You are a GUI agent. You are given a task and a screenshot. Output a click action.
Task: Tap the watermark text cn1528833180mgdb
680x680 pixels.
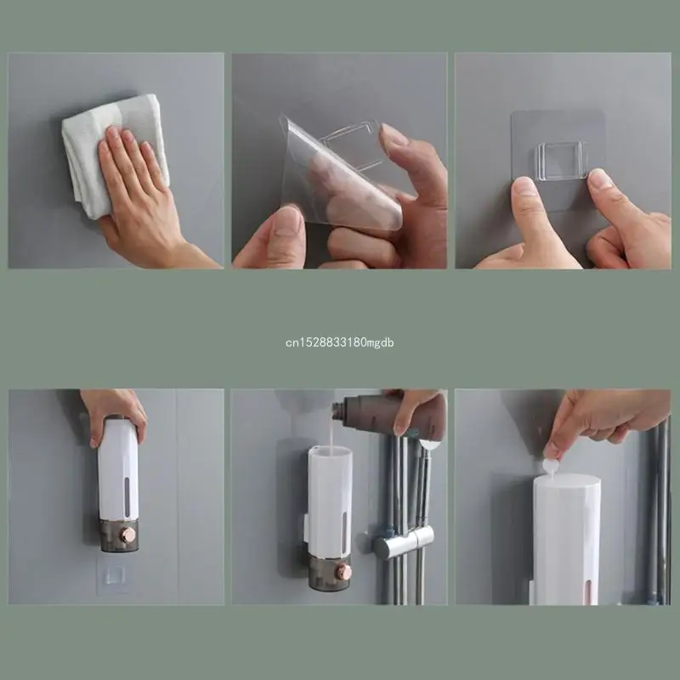click(339, 343)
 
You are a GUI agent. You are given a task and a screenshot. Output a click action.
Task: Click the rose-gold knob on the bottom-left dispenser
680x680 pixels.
click(127, 535)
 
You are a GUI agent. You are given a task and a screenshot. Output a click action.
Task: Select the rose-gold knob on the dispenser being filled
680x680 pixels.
click(343, 571)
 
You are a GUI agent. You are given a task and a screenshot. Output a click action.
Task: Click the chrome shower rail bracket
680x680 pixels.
click(405, 541)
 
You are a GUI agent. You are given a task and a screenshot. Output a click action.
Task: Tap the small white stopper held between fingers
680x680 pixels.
click(551, 466)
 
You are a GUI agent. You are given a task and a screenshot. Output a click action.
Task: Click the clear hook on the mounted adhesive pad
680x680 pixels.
click(559, 161)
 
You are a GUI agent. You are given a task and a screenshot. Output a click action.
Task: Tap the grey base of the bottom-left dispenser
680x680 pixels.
click(118, 535)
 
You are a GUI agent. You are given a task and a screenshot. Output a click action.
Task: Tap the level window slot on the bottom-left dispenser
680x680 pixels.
click(127, 492)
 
